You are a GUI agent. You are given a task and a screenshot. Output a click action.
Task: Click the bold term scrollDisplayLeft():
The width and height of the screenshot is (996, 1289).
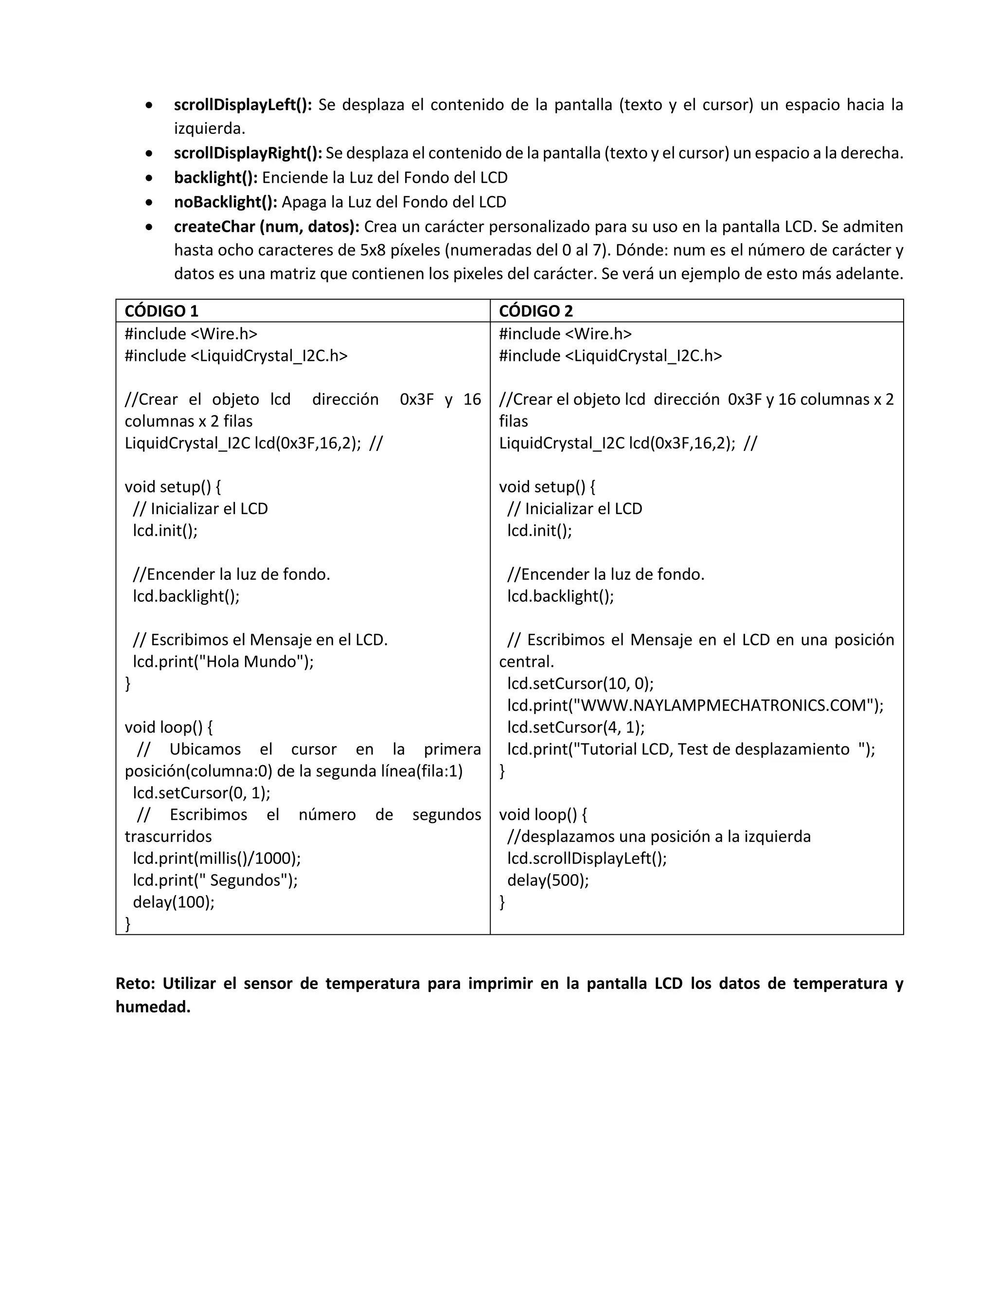coord(243,105)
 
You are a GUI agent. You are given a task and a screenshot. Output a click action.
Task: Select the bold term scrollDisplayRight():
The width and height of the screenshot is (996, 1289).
coord(248,153)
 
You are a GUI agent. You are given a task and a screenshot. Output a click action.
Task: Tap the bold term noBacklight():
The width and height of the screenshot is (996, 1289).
coord(225,202)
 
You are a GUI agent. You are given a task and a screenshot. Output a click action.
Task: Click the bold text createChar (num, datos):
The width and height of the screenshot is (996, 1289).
coord(267,227)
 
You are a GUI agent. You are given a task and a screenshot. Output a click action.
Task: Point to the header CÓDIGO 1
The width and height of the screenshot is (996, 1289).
coord(161,311)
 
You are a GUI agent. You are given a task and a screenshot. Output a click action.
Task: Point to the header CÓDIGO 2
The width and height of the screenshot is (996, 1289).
coord(536,311)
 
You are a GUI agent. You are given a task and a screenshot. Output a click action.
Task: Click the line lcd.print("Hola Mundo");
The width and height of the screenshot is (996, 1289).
coord(223,662)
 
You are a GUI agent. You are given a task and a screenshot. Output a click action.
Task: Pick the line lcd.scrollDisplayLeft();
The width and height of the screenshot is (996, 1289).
coord(587,858)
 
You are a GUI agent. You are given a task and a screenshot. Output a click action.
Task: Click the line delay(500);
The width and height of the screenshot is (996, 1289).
coord(548,880)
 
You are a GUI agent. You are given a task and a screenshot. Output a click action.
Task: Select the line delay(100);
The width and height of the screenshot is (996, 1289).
coord(174,902)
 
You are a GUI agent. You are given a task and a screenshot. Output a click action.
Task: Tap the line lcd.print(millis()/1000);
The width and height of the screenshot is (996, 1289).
coord(216,858)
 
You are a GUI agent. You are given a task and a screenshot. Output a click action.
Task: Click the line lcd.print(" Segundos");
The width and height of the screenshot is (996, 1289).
coord(215,880)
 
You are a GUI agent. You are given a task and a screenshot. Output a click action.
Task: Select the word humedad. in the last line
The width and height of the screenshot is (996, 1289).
coord(153,1007)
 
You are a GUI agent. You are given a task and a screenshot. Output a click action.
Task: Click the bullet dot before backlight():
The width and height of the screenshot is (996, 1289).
coord(150,178)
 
